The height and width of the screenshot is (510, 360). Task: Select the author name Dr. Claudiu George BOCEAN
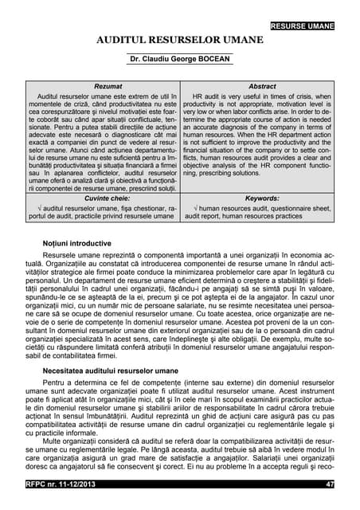coord(179,58)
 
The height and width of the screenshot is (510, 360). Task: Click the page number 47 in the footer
coord(329,484)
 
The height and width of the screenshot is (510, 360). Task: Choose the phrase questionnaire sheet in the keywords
coord(300,207)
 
